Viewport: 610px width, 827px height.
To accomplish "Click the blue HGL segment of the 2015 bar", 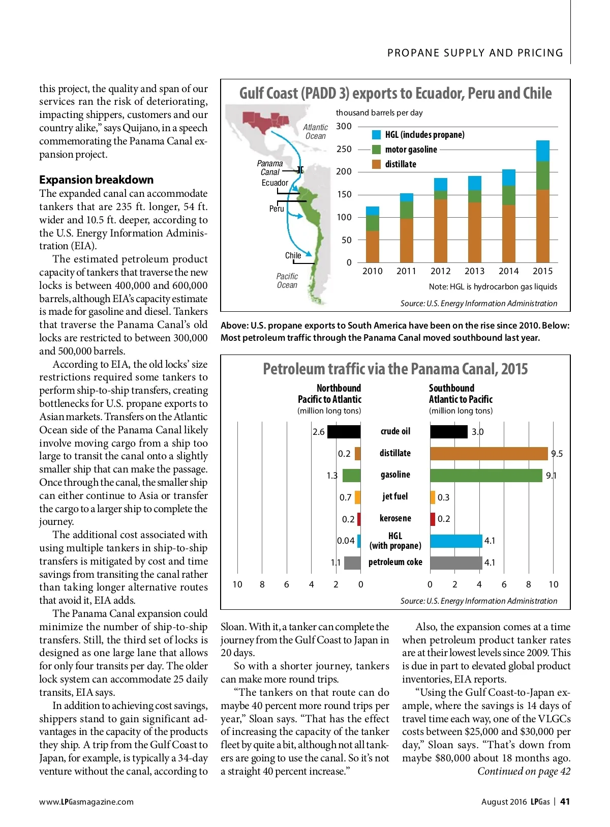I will click(542, 151).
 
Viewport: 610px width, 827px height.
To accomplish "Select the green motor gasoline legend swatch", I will click(376, 150).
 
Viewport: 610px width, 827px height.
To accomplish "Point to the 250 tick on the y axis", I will click(344, 149).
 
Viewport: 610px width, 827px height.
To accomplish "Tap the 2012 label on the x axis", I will click(440, 271).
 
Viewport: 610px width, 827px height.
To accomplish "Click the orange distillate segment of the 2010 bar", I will click(373, 247).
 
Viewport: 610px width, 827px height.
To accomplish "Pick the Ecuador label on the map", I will click(274, 183).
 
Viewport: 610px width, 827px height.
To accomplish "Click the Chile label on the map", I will click(293, 255).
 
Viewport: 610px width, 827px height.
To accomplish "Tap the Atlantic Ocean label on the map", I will click(315, 131).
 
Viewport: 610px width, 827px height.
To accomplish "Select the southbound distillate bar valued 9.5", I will click(489, 453).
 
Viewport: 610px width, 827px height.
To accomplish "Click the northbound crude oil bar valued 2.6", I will click(344, 432).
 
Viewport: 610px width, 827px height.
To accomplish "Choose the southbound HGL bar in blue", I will click(455, 541).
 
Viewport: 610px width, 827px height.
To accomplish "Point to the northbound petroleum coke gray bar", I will click(352, 563).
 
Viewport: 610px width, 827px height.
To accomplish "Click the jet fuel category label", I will click(395, 496).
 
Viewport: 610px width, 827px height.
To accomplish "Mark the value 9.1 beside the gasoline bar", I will click(551, 476).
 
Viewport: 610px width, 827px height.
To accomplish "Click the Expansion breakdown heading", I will click(96, 180).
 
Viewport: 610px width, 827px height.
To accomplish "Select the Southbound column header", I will click(451, 388).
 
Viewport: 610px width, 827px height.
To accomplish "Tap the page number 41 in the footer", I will click(565, 802).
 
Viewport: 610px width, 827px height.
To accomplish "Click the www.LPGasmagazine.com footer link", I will click(86, 802).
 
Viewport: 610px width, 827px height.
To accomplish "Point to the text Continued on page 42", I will click(524, 771).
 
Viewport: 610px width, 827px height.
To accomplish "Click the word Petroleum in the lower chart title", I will click(290, 369).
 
